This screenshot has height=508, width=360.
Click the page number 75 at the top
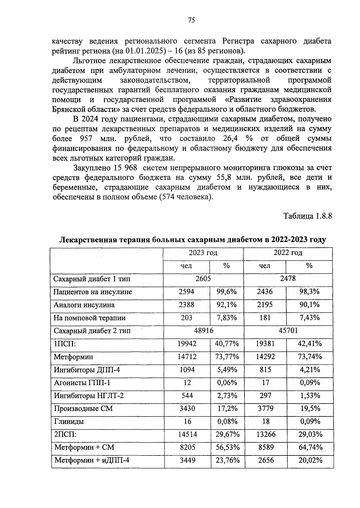191,20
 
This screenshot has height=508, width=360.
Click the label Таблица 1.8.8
307,216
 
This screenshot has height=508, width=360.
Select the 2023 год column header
203,253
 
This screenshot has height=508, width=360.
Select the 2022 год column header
288,253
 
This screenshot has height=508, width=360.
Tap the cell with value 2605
203,279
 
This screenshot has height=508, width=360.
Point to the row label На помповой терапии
89,318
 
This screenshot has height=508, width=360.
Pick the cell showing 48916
204,331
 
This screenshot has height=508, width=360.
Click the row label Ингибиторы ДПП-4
87,370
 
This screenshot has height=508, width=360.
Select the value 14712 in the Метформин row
187,357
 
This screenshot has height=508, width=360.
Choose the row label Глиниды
69,422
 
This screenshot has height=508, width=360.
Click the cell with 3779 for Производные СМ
265,409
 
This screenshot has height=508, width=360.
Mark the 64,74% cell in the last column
310,447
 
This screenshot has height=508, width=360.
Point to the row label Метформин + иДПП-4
92,460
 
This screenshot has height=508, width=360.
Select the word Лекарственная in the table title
89,240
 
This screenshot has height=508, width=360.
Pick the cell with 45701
288,331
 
